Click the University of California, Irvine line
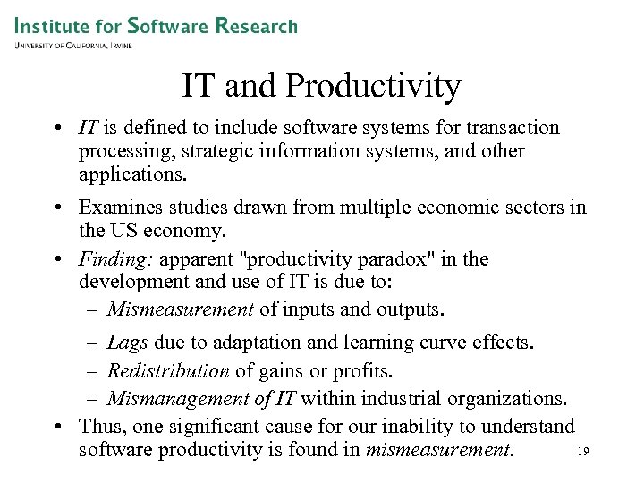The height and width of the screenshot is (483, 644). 72,45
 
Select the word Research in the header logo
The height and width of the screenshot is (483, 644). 256,25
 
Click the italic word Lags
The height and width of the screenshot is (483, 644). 129,343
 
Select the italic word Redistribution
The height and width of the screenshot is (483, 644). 169,370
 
